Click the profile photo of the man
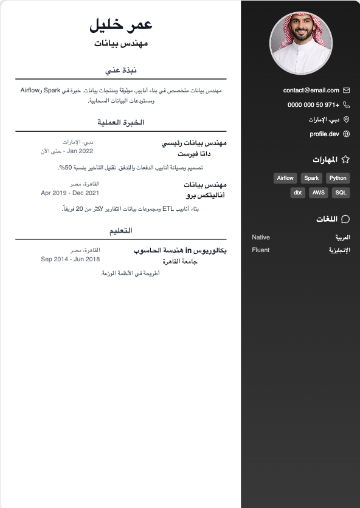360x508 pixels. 301,43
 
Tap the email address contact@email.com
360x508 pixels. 311,90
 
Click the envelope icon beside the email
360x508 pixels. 347,90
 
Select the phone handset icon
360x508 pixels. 347,105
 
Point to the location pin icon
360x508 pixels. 347,119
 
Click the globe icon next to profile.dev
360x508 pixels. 347,134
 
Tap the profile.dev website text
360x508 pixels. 324,134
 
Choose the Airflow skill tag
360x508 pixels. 285,178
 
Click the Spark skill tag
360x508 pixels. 311,178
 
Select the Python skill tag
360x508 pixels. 337,178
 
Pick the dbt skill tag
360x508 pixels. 298,193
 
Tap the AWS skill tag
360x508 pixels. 318,193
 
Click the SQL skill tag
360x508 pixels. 341,193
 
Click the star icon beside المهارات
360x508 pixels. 345,160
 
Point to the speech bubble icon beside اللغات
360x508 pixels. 345,219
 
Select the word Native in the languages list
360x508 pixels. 261,237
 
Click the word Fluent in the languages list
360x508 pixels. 260,250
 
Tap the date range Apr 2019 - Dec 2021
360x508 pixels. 70,193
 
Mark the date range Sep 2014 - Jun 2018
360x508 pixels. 70,259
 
